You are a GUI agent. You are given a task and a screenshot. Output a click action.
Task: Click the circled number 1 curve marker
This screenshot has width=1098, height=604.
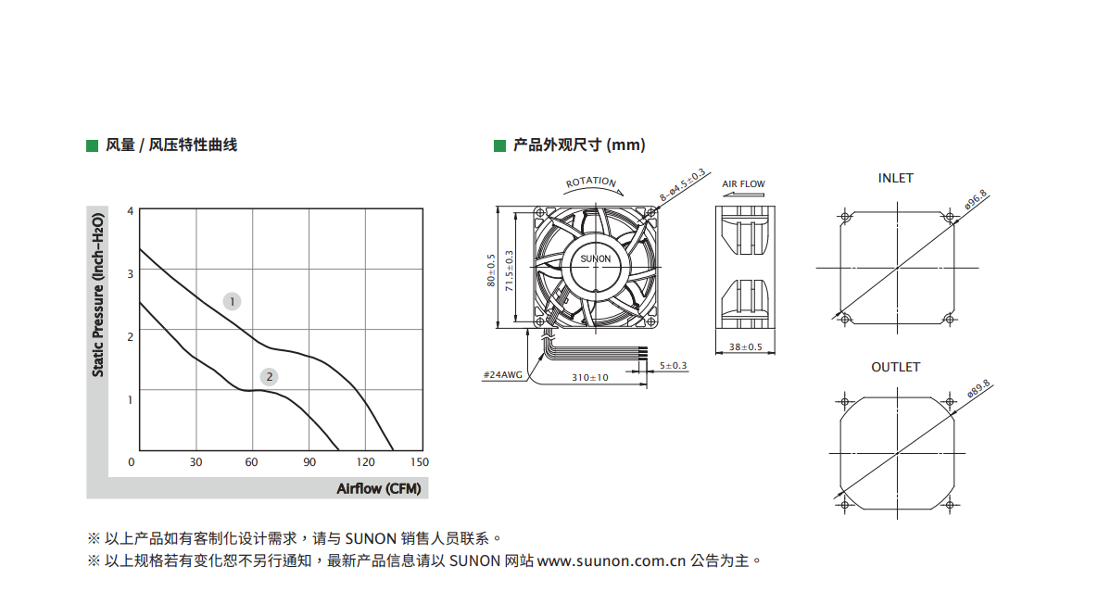coord(232,302)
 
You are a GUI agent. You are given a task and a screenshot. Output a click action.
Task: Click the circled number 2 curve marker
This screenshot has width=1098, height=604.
coord(269,377)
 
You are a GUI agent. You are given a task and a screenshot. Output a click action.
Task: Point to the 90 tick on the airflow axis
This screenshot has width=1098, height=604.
coord(309,462)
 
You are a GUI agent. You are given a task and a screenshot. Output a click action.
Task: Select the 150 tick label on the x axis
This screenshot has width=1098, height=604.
coord(420,462)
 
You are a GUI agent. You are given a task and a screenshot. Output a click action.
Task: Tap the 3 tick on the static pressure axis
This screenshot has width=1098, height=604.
coord(131,273)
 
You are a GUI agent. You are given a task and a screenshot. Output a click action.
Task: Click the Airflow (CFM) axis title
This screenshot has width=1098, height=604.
coord(379,488)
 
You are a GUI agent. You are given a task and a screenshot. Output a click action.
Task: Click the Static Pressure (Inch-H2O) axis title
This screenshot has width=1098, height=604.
coord(98,295)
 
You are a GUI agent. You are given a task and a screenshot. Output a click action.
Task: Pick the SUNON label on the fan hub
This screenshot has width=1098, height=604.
coord(595,259)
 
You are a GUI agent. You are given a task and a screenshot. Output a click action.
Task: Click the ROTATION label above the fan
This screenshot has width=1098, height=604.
coord(591,182)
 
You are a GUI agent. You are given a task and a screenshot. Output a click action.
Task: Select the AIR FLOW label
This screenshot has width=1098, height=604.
coord(744,184)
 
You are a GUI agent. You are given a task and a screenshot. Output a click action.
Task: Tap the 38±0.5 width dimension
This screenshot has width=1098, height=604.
coord(745,347)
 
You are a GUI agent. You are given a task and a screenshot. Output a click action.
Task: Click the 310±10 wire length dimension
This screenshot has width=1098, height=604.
coord(590,378)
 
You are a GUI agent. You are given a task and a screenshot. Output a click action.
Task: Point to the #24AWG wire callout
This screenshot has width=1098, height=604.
coord(503,375)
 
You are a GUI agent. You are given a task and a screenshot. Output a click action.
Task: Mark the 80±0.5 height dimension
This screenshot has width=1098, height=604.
coord(492,271)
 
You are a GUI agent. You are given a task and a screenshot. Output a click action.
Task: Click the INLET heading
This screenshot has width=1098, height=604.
coord(896,179)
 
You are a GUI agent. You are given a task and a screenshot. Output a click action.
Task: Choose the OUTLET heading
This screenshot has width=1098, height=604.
coord(896,368)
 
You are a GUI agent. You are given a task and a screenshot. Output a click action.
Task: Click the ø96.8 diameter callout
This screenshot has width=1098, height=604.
coord(976,199)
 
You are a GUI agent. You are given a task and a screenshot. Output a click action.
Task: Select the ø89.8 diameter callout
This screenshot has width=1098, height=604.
coord(978,389)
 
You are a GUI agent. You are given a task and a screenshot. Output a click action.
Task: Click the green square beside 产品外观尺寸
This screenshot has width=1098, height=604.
coord(500,145)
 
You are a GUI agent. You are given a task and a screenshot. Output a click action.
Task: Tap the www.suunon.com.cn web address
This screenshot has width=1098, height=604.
coord(612,561)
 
